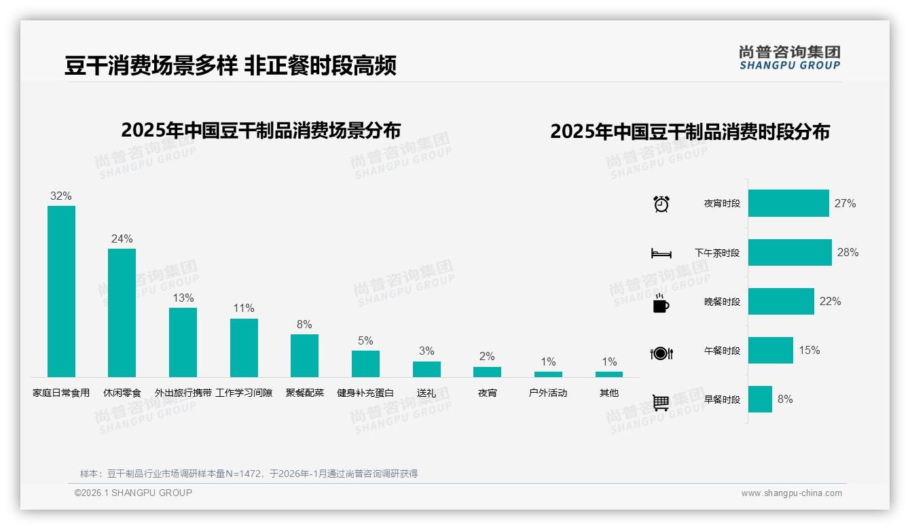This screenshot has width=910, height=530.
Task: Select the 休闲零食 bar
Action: pos(122,313)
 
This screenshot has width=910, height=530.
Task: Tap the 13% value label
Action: pos(183,298)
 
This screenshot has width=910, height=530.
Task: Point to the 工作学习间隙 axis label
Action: pos(244,393)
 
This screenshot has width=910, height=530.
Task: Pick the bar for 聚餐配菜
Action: pos(304,355)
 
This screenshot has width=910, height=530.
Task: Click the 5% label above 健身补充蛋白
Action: pos(365,340)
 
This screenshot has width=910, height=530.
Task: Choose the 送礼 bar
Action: pos(426,369)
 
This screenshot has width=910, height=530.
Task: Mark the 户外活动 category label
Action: pos(548,393)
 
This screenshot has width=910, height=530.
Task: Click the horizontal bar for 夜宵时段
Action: pos(788,203)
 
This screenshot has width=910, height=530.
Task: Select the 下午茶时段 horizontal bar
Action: pos(790,252)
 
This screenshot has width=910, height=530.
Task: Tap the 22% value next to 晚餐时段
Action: pos(830,301)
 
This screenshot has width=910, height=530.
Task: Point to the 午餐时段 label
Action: pos(722,351)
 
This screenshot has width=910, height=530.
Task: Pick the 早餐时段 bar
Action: pos(760,399)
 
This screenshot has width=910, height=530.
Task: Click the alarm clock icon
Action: pos(661,204)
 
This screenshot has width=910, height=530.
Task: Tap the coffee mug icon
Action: pos(661,303)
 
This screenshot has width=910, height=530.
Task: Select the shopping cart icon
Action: pos(661,402)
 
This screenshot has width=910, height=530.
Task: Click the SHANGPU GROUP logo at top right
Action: pos(789,58)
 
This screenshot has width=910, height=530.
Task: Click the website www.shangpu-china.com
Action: pos(791,493)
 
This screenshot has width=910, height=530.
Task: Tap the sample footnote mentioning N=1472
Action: pos(249,474)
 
